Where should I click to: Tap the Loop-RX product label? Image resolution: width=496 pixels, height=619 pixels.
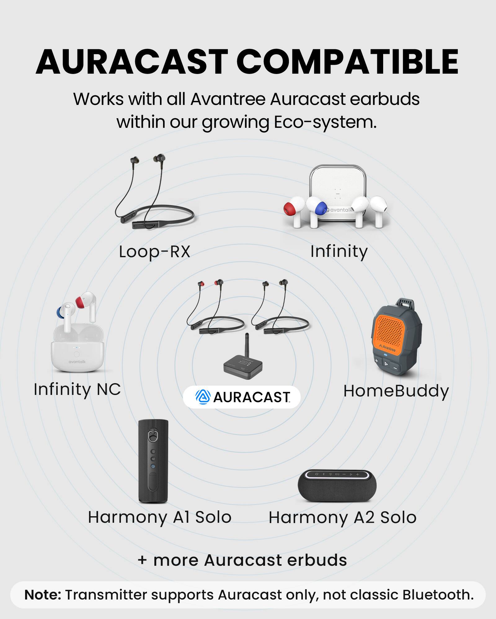154,251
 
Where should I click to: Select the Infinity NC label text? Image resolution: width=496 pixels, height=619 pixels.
77,389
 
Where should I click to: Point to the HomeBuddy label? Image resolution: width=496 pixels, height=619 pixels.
396,391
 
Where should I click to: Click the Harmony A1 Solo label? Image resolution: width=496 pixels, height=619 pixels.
160,517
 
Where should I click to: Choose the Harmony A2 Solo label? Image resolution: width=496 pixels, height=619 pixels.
342,517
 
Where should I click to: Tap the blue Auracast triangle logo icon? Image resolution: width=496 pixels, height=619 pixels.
203,397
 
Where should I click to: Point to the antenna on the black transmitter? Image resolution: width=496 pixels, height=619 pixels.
247,345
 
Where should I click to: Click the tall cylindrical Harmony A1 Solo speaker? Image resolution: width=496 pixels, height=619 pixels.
153,461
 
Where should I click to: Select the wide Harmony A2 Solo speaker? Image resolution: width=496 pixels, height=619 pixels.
337,486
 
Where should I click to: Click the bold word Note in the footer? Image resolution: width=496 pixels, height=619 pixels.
43,595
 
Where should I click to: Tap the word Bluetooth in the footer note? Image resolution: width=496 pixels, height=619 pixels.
438,595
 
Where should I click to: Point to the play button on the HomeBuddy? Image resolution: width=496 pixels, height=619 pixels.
386,363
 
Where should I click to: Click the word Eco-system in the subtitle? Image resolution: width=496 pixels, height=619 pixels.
325,122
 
